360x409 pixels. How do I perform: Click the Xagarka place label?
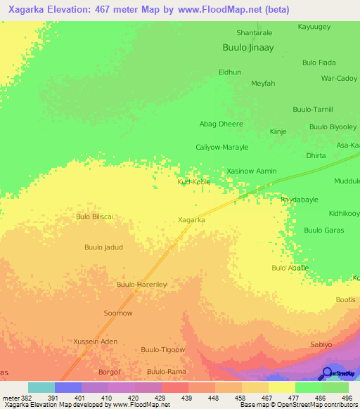coord(191,220)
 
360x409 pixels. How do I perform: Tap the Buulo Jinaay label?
coord(247,48)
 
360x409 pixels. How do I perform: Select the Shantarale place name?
coord(254,32)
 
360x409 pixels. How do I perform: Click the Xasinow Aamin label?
coord(251,171)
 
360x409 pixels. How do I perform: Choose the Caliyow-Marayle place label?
coord(221,148)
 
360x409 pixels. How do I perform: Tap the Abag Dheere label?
coord(221,124)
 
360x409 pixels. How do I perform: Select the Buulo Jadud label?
coord(103,247)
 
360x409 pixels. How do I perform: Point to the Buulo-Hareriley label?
coord(141,285)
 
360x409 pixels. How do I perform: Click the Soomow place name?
coord(117,313)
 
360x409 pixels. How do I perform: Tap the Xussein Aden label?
coord(95,341)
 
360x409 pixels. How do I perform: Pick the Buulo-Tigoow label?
coord(162,349)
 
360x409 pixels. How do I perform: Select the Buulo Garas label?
coord(323,230)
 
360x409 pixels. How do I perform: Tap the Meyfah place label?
coord(263,83)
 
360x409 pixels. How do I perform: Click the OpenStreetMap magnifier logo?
coord(326,372)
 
